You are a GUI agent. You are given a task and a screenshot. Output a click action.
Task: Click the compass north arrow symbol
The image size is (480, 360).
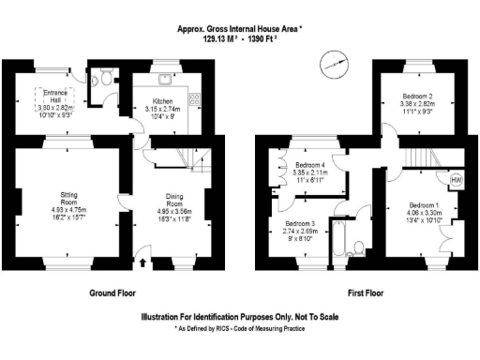pos(331,65)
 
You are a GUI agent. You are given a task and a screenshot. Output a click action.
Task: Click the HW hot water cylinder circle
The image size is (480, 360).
pos(456,179)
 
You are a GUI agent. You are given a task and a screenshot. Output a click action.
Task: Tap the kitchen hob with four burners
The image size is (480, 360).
pos(194,97)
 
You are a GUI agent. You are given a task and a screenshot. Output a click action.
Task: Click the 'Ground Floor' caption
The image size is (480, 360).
pos(114,293)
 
